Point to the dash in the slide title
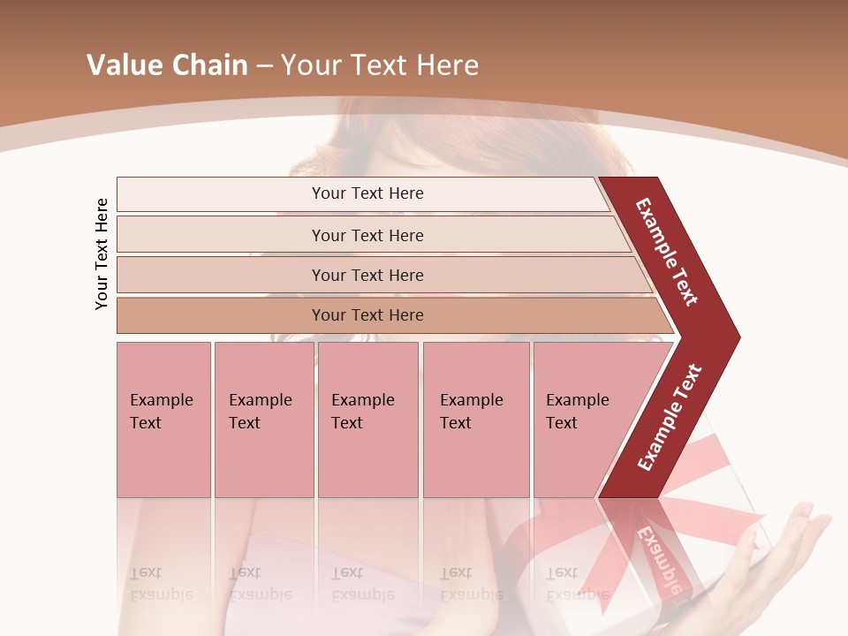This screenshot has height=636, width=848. pyautogui.click(x=264, y=66)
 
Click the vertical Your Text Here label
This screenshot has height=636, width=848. pyautogui.click(x=102, y=254)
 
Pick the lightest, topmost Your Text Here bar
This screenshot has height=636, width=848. pyautogui.click(x=367, y=193)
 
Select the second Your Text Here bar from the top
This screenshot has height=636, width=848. pyautogui.click(x=367, y=235)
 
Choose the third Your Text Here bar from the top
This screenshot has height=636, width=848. pyautogui.click(x=367, y=275)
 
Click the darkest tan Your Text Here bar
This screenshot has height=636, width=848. pyautogui.click(x=367, y=315)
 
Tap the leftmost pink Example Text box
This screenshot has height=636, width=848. pyautogui.click(x=163, y=419)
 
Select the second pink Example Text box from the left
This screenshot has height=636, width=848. pyautogui.click(x=263, y=419)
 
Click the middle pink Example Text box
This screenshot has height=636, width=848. pyautogui.click(x=367, y=419)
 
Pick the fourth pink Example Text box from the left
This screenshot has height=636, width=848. pyautogui.click(x=475, y=419)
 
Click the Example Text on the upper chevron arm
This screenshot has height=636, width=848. pyautogui.click(x=667, y=252)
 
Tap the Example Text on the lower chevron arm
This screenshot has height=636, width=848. pyautogui.click(x=670, y=417)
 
